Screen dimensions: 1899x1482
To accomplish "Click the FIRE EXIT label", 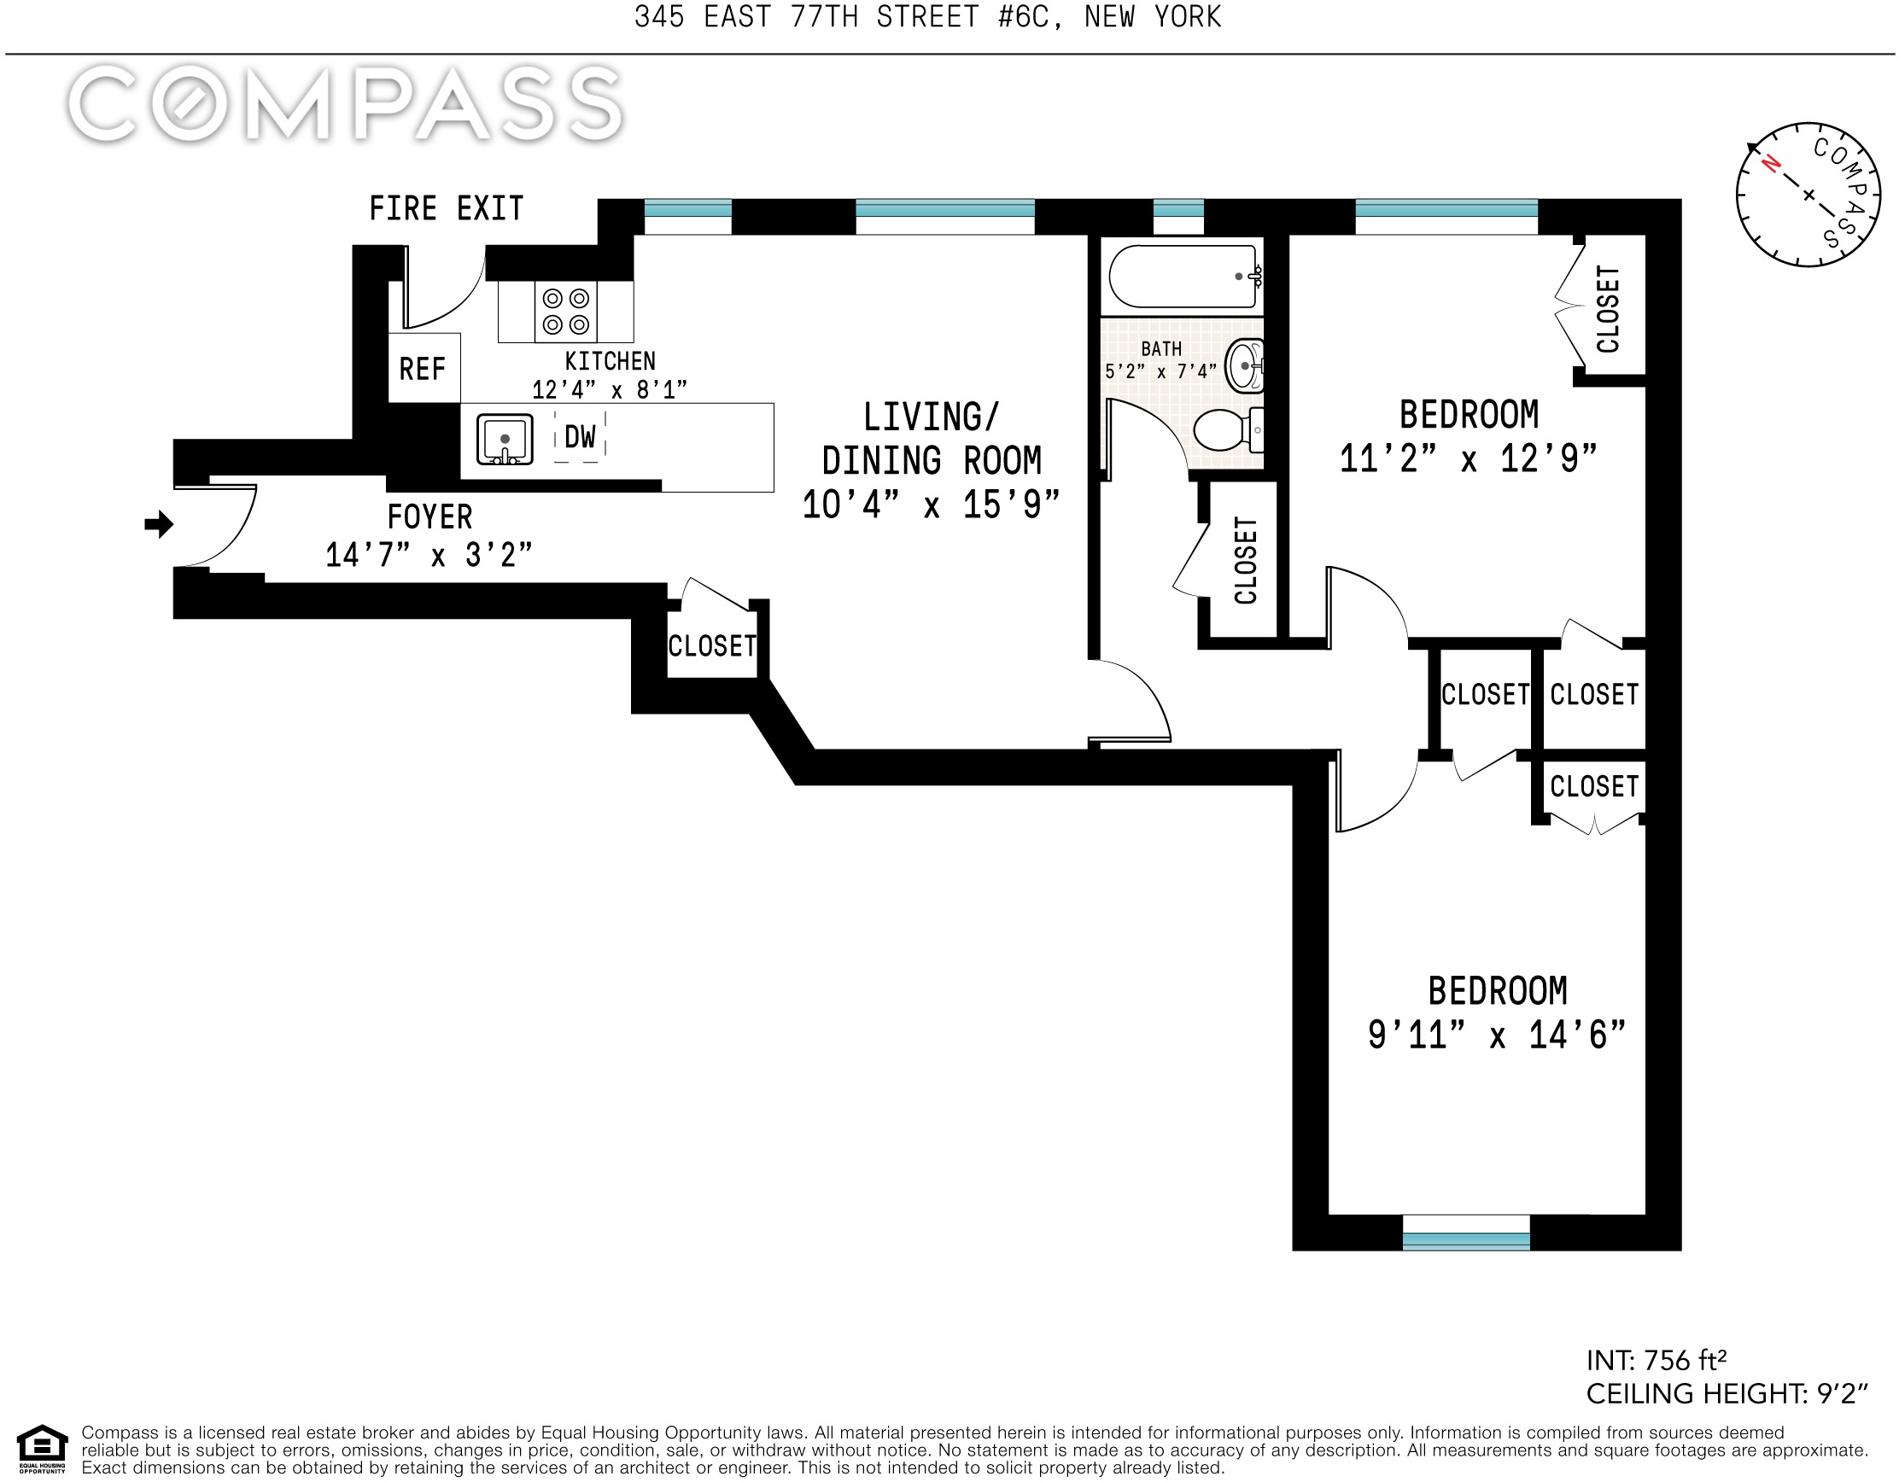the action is pos(446,208).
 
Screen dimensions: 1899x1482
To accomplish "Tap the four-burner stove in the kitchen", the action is pos(566,312).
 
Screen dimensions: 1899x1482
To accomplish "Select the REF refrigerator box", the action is pos(424,368).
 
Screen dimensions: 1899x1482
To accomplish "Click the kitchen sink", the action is pos(505,439).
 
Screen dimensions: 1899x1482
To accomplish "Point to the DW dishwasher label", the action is pos(580,436).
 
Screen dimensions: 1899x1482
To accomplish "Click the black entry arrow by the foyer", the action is pos(159,524).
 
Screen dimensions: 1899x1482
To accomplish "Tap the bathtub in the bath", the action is pos(1183,277).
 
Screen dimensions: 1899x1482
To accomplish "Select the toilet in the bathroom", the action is pos(1227,429).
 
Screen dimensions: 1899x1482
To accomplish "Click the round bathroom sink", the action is pos(1243,366).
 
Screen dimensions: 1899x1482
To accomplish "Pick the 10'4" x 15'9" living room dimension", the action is pos(931,505).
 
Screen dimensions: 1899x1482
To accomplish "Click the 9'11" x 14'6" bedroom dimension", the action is pos(1497,1036).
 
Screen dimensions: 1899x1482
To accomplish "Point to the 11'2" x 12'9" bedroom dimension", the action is pos(1468,459).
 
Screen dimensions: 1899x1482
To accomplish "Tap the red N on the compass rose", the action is pos(1770,164).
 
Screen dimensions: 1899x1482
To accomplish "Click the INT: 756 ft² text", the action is pos(1656,1360).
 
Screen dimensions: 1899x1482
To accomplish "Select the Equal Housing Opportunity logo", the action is pos(42,1449).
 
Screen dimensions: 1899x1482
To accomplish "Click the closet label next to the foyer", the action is pos(712,647).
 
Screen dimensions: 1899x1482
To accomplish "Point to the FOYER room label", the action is pos(429,517).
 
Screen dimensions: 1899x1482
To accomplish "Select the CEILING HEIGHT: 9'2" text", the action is pos(1727,1394).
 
